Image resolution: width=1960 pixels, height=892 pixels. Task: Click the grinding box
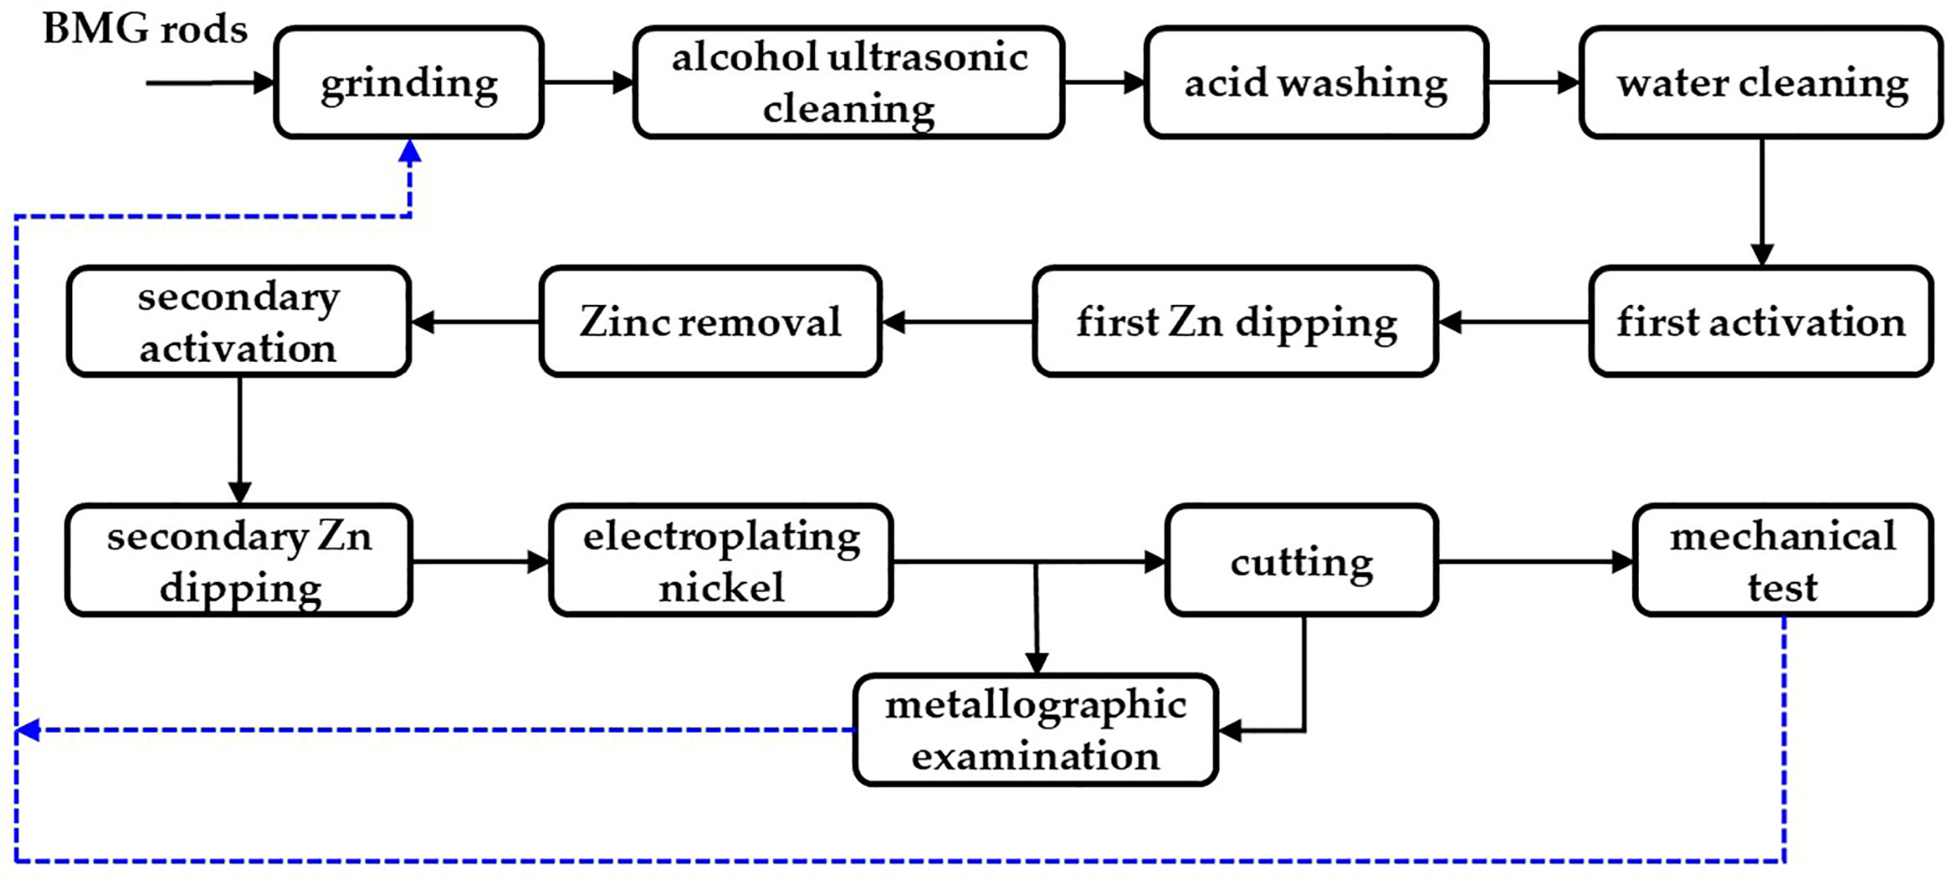coord(409,82)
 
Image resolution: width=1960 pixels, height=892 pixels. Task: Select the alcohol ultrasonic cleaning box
coord(848,82)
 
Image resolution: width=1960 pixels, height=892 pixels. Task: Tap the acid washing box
coord(1316,82)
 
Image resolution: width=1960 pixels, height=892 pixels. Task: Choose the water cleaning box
coord(1761,82)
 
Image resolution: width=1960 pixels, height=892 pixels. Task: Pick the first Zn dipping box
coord(1235,321)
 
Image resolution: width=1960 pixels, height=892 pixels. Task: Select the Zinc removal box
coord(710,321)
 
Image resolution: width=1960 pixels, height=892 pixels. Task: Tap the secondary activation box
coord(238,321)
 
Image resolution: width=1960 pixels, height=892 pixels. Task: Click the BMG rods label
coord(145,29)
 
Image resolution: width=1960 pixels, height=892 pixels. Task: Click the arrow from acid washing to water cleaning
coord(1533,82)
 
